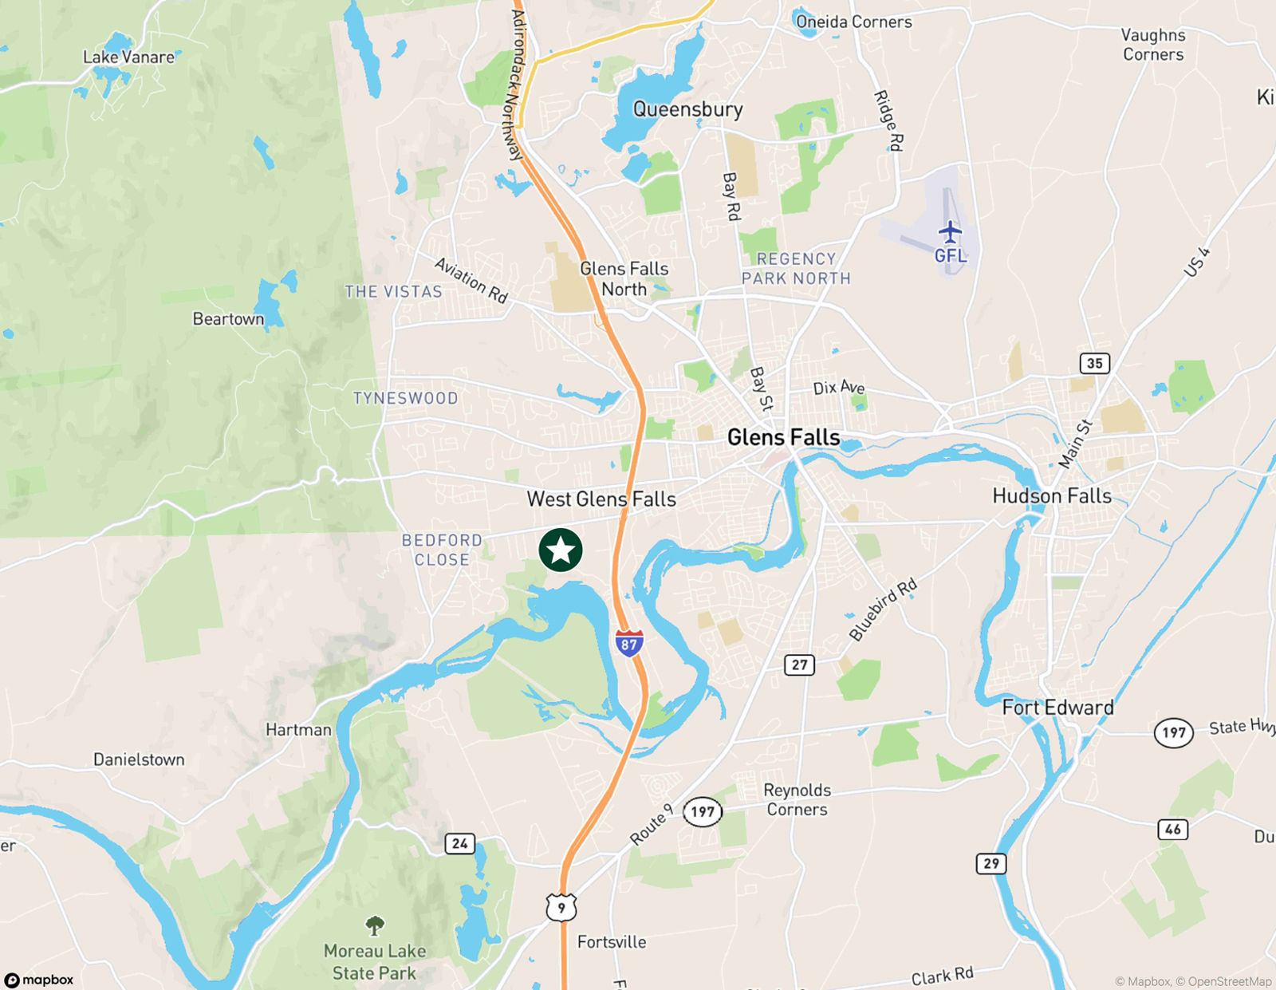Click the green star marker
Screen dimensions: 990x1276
[561, 550]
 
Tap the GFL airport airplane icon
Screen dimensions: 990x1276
[950, 232]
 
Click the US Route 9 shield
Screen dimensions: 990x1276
[561, 908]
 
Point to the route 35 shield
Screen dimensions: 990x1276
[1094, 364]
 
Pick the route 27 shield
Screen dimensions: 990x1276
[799, 665]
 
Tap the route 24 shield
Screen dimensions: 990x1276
[459, 843]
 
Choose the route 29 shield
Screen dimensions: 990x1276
[990, 863]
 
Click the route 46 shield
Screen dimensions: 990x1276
[1172, 830]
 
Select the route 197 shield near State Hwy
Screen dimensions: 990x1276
[1173, 732]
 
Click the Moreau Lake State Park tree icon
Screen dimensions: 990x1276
[375, 925]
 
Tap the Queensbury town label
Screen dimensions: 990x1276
[687, 109]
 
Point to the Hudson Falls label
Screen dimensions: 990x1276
[1052, 496]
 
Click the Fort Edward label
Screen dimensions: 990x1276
[1057, 708]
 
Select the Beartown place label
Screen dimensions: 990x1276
[228, 319]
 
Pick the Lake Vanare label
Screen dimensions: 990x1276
[128, 57]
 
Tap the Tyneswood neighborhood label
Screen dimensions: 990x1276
[405, 398]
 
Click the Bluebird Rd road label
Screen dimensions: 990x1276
[883, 610]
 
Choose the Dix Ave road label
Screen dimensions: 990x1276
[839, 388]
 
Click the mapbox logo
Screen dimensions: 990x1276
[39, 980]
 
